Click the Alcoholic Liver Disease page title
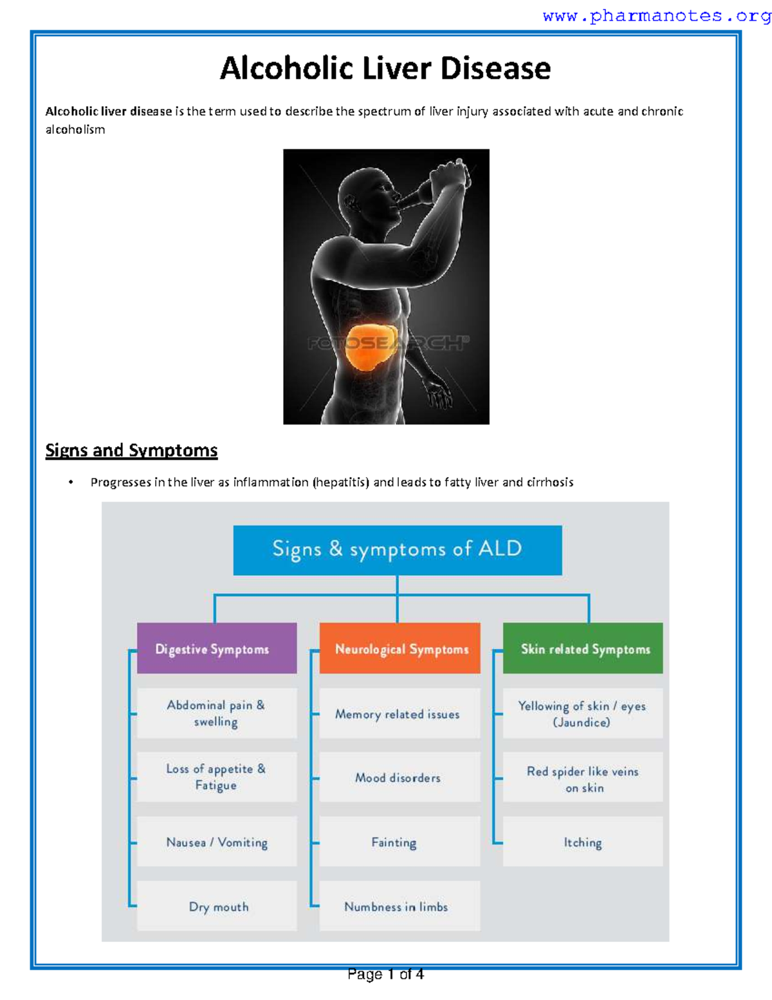[x=385, y=68]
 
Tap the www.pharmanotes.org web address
[x=656, y=16]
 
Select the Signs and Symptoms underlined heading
[x=131, y=450]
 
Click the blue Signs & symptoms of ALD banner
[x=397, y=550]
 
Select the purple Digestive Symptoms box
[x=217, y=648]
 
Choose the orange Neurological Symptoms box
[x=400, y=648]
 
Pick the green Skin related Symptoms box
[x=583, y=648]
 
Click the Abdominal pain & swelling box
[x=217, y=713]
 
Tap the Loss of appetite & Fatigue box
[x=217, y=777]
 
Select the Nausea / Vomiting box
[x=217, y=842]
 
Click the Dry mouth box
[x=217, y=906]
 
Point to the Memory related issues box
[x=400, y=713]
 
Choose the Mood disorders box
[x=400, y=777]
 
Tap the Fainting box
[x=400, y=842]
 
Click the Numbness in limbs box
[x=400, y=906]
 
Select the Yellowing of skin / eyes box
[x=583, y=713]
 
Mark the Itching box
[x=583, y=842]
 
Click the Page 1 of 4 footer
[x=385, y=974]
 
